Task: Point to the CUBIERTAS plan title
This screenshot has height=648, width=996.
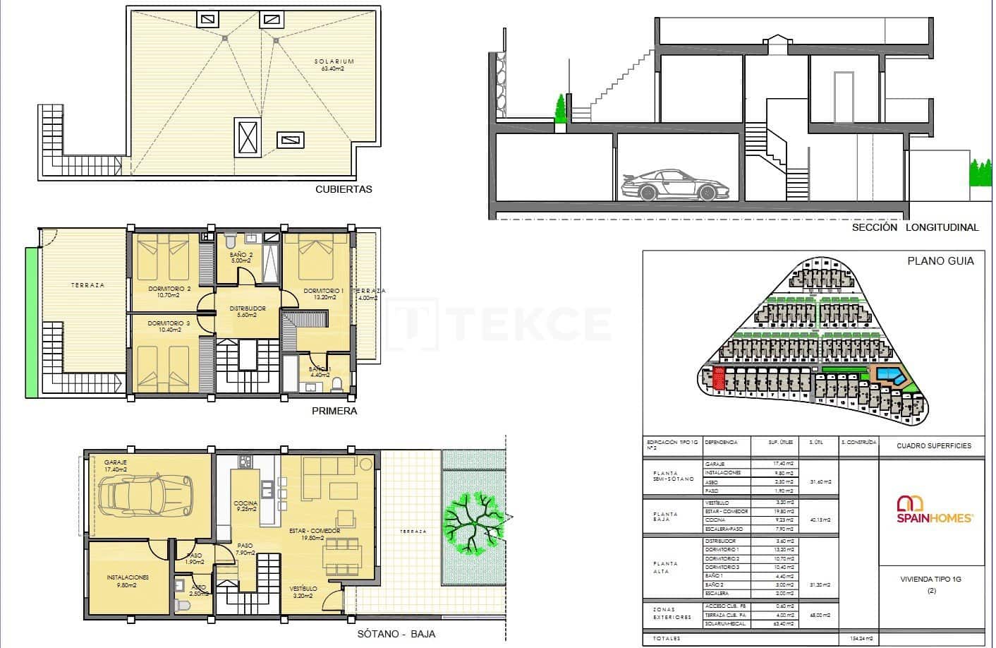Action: [x=344, y=189]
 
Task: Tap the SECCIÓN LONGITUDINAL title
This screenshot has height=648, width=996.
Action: [x=915, y=227]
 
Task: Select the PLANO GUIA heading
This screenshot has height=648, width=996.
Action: [x=940, y=261]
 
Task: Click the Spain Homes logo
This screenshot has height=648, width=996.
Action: [x=935, y=509]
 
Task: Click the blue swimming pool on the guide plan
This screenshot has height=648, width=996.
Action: [x=889, y=375]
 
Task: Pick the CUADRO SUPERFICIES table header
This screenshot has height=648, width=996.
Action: [x=933, y=445]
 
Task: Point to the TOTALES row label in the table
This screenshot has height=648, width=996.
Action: [x=666, y=638]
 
